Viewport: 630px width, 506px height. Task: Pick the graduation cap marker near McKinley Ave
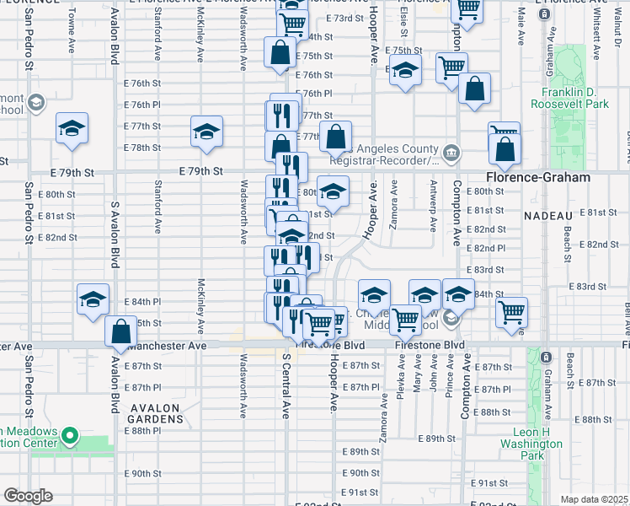pyautogui.click(x=206, y=132)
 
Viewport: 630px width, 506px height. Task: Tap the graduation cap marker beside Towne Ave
pyautogui.click(x=72, y=129)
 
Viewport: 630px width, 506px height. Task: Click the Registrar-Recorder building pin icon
pyautogui.click(x=451, y=152)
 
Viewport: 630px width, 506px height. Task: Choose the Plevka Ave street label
pyautogui.click(x=401, y=379)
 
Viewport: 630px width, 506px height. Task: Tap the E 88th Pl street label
pyautogui.click(x=145, y=430)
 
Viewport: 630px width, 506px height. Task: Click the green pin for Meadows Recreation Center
pyautogui.click(x=72, y=438)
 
